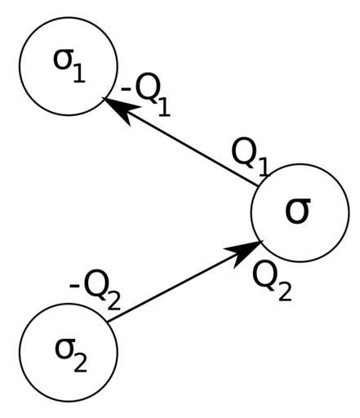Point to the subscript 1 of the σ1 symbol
(x=79, y=73)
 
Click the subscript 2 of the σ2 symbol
(x=80, y=362)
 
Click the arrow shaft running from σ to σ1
(x=180, y=142)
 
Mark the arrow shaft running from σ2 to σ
(x=185, y=282)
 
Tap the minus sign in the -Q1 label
(x=127, y=89)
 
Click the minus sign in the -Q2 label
(x=74, y=286)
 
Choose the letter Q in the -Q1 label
(x=146, y=87)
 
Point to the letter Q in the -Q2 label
(x=96, y=284)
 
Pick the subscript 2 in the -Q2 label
(x=114, y=300)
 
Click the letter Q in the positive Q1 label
(x=243, y=152)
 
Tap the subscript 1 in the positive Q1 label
(x=263, y=167)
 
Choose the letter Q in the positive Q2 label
(x=264, y=275)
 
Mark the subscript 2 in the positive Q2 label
(x=285, y=291)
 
